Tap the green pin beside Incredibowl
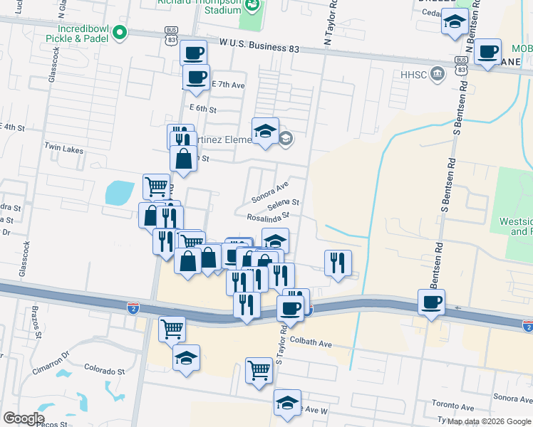(120, 32)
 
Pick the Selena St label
(283, 203)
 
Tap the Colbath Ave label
(311, 344)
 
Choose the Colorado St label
(104, 371)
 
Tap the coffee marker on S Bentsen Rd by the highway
(431, 302)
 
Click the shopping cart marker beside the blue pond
(156, 186)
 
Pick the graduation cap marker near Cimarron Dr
(186, 357)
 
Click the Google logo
(24, 418)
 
